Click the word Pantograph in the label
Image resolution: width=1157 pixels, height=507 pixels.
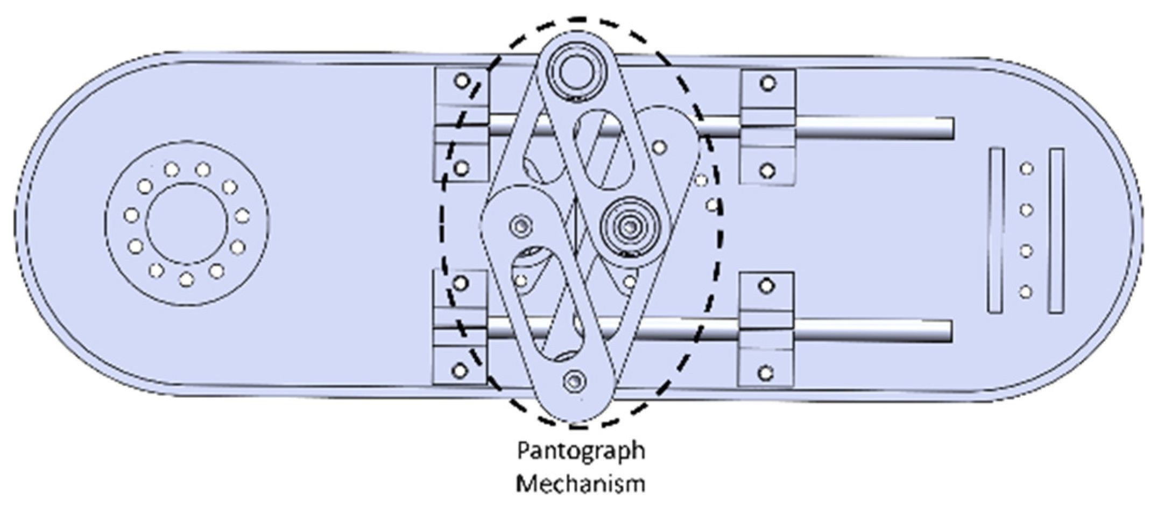tap(581, 451)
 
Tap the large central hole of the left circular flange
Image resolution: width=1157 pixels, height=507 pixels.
tap(187, 223)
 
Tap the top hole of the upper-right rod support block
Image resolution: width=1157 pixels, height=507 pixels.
tap(767, 83)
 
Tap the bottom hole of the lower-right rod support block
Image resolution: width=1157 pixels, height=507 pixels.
tap(766, 372)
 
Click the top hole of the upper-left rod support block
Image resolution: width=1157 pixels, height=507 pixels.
tap(461, 81)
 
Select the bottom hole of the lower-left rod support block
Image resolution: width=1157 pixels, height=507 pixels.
tap(459, 370)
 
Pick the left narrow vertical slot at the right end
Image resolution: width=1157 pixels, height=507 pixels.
tap(997, 230)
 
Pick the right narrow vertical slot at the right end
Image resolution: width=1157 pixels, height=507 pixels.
tap(1056, 230)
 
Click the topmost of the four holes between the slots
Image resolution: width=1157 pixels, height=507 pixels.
tap(1027, 169)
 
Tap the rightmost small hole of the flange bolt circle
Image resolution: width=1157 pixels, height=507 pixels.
tap(243, 216)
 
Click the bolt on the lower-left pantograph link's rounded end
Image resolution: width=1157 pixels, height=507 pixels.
tap(520, 226)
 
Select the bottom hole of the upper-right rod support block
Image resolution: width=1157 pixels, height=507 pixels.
tap(768, 171)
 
